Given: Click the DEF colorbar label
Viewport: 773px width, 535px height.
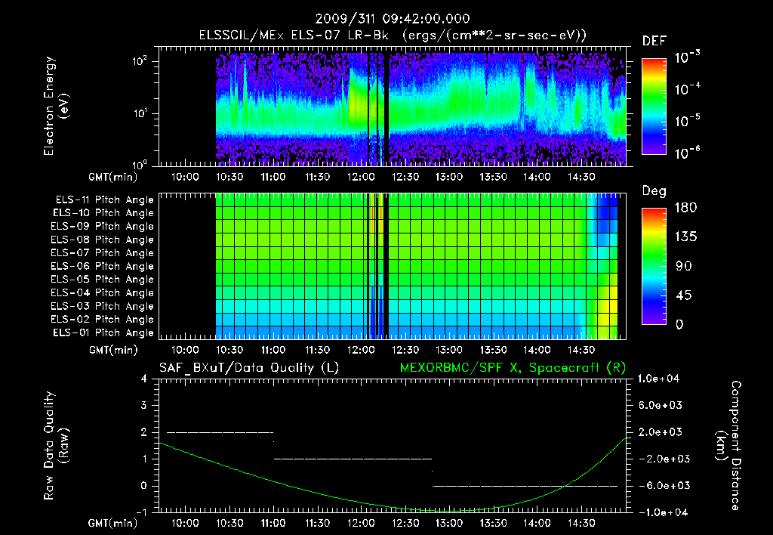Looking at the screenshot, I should (x=654, y=41).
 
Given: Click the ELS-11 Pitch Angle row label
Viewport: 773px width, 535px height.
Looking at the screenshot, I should (x=104, y=199).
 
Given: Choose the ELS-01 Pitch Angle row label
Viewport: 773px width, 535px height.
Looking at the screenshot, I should (x=104, y=332).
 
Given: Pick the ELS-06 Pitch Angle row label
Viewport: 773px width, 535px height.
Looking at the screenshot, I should (x=104, y=266).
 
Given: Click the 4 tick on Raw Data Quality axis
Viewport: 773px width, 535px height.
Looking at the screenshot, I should (x=145, y=379).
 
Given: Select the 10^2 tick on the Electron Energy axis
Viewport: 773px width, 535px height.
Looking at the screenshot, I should (x=140, y=61).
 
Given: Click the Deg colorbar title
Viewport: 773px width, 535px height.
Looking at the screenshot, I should (x=654, y=190).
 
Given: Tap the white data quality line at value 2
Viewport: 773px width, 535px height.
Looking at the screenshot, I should (x=219, y=432).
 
